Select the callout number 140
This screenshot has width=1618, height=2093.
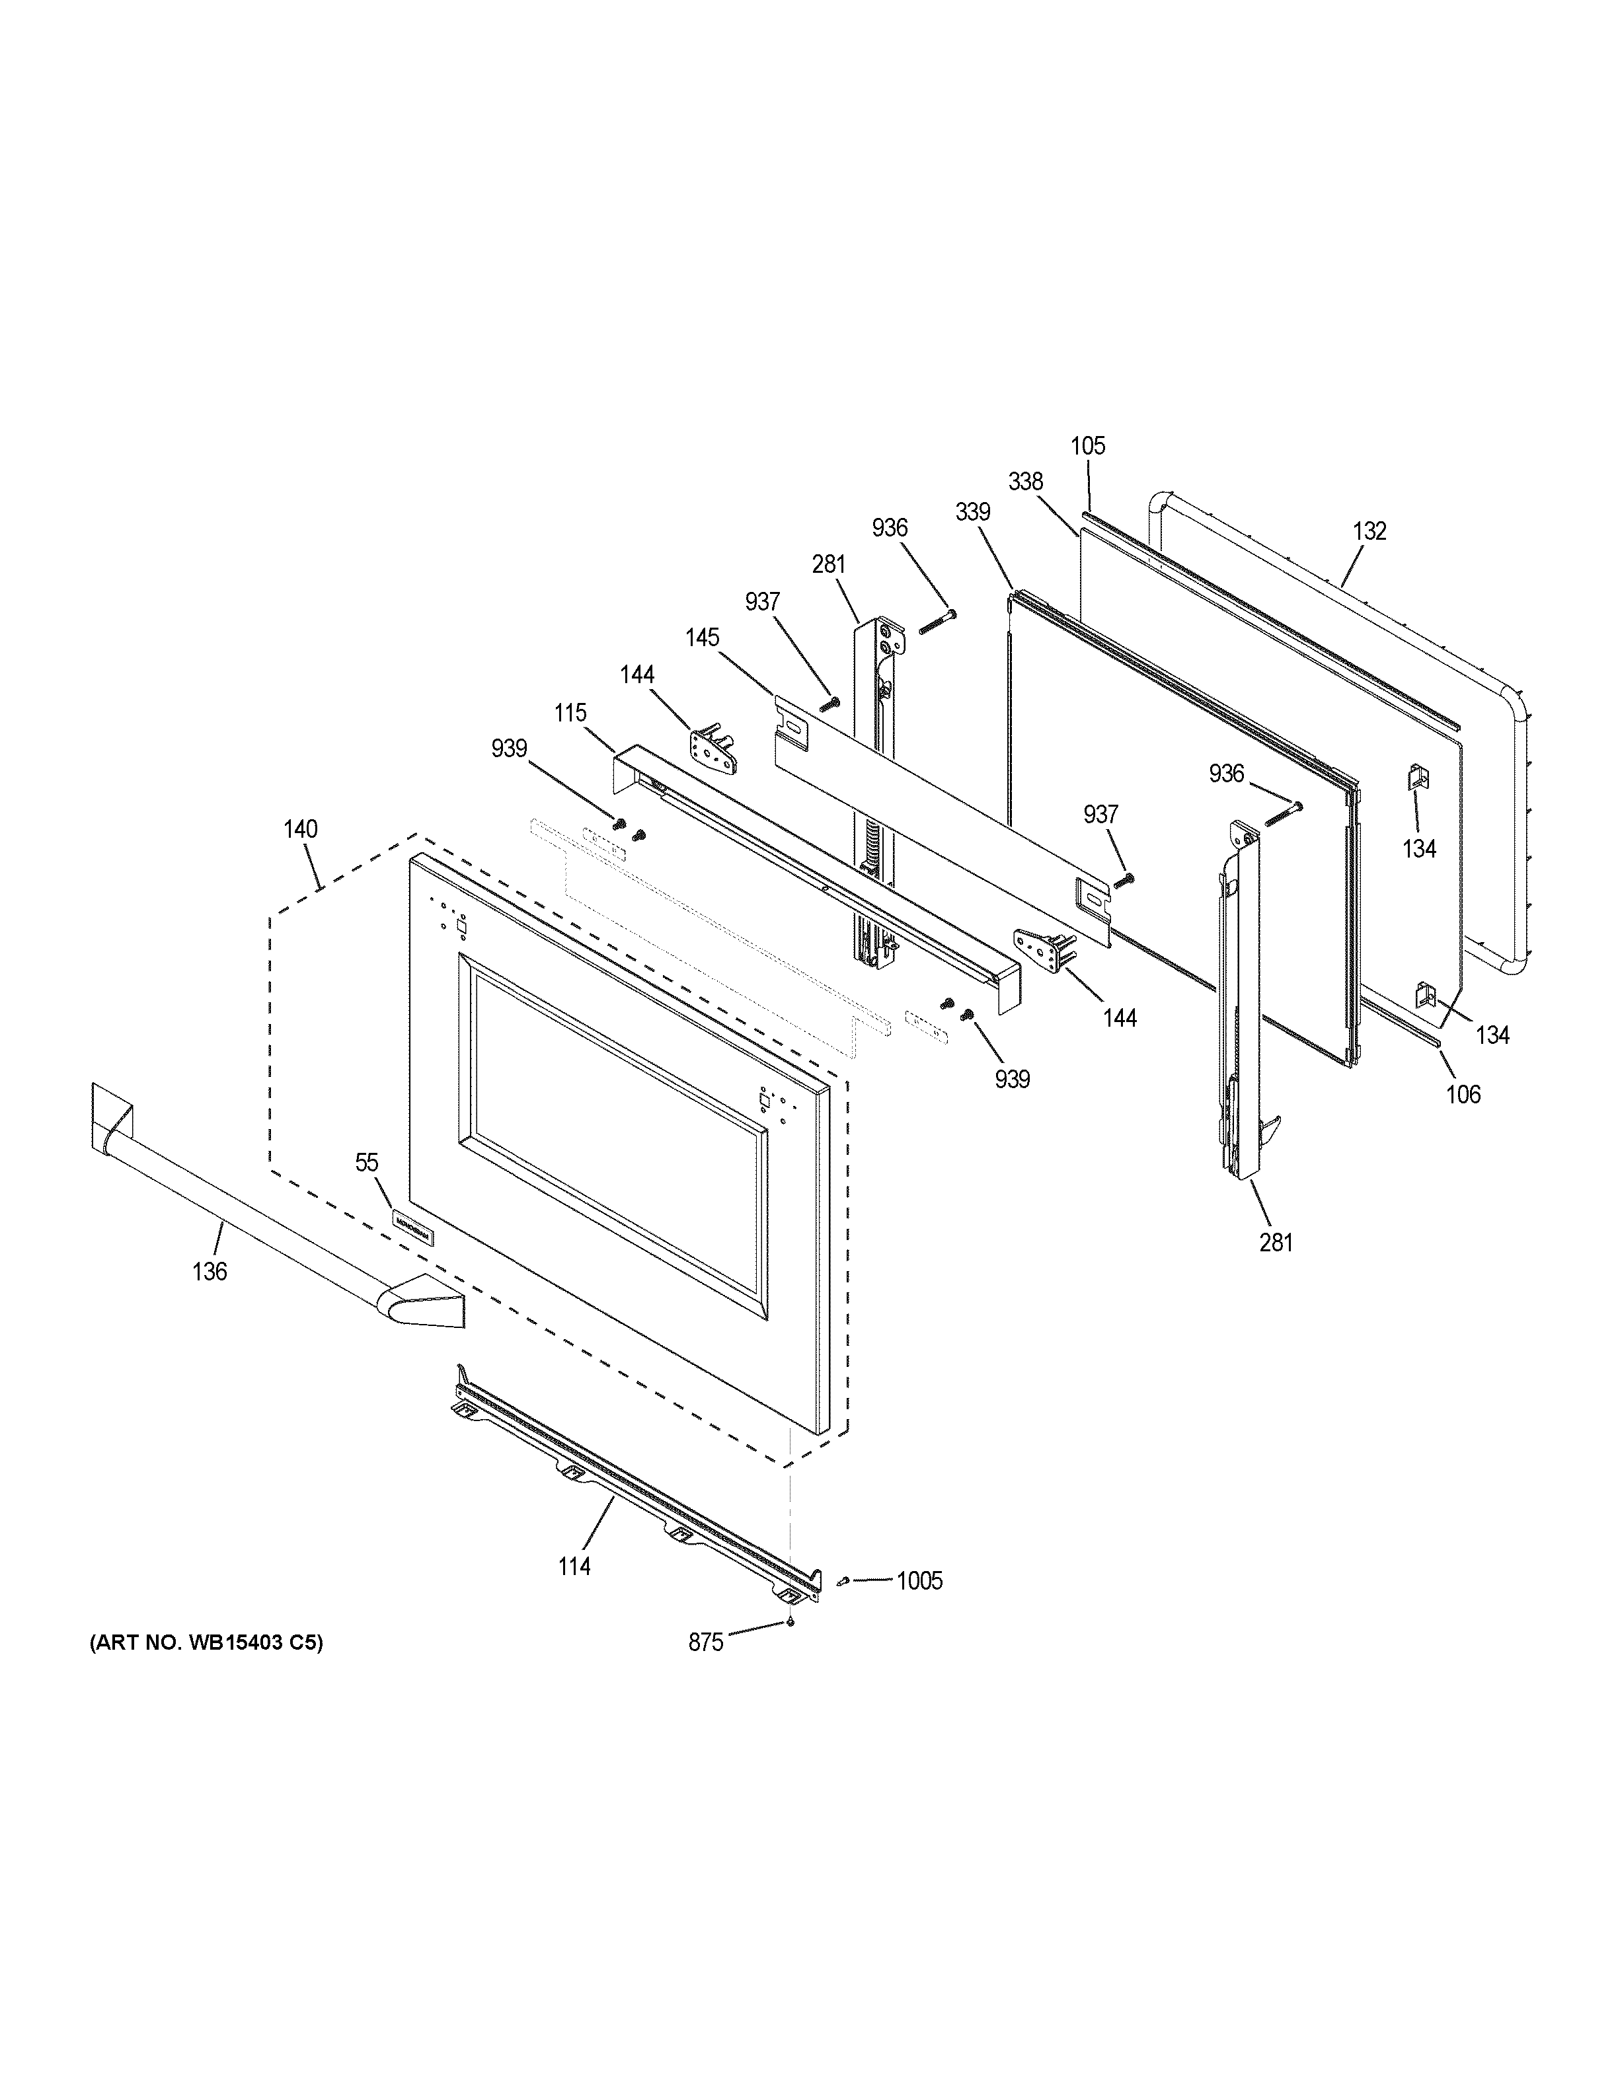[x=300, y=829]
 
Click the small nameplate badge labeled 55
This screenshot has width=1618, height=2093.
[x=412, y=1226]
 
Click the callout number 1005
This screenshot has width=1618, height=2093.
[x=919, y=1581]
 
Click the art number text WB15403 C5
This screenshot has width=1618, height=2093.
[x=206, y=1642]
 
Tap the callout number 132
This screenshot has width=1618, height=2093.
[x=1369, y=531]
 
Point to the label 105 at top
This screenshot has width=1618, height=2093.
[x=1088, y=446]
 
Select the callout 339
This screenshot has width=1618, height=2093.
[x=973, y=513]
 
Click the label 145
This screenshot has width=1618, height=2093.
[x=703, y=638]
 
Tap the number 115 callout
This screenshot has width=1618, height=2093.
[x=570, y=713]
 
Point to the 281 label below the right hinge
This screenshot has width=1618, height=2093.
[x=1277, y=1243]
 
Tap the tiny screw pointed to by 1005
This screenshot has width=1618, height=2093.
[x=843, y=1581]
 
